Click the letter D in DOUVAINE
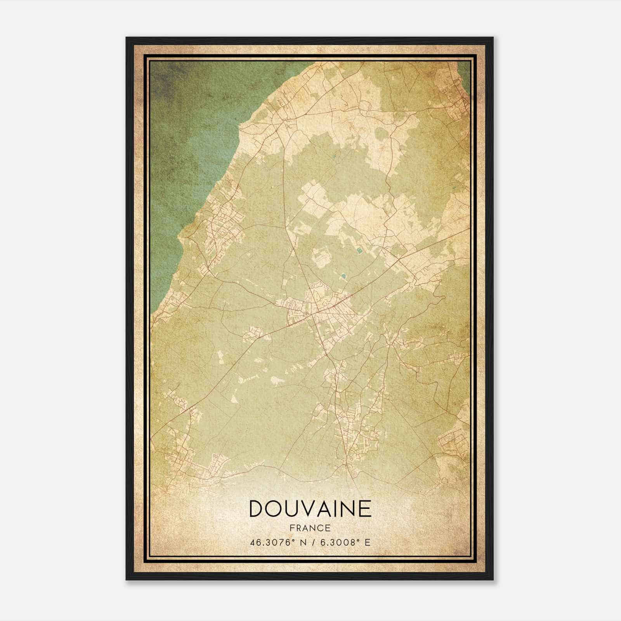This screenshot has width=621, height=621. tap(257, 509)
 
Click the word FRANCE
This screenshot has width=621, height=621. tap(310, 528)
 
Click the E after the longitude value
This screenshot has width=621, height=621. tap(367, 542)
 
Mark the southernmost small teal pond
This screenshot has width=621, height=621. tap(343, 277)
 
